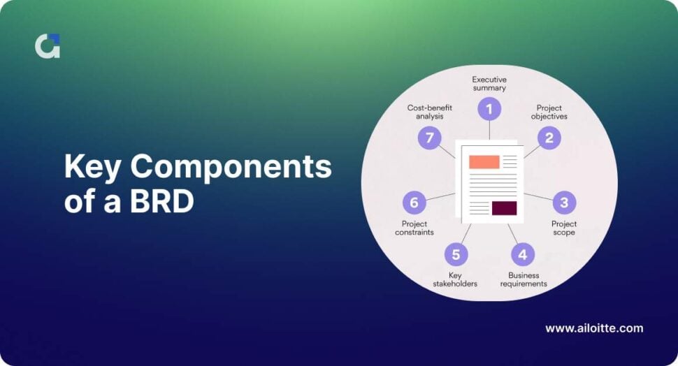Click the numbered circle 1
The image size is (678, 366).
click(x=489, y=109)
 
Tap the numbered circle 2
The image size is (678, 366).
click(x=549, y=138)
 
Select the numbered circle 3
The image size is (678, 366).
click(x=564, y=203)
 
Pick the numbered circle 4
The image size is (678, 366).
click(x=523, y=254)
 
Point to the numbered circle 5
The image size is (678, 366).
click(x=456, y=254)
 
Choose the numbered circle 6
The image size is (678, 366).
click(x=414, y=203)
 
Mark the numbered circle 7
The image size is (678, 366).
click(x=429, y=138)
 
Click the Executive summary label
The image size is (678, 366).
click(x=489, y=84)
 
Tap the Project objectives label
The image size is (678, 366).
click(x=549, y=112)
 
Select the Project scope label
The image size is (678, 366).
click(x=564, y=228)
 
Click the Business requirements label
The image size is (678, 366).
click(x=524, y=279)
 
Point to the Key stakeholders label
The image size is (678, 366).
click(x=454, y=279)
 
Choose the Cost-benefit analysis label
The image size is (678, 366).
click(x=430, y=112)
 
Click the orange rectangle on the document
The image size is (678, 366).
click(x=484, y=162)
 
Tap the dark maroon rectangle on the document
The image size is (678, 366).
click(x=504, y=208)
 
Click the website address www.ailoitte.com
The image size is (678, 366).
click(x=593, y=328)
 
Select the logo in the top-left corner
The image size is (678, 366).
click(x=48, y=46)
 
